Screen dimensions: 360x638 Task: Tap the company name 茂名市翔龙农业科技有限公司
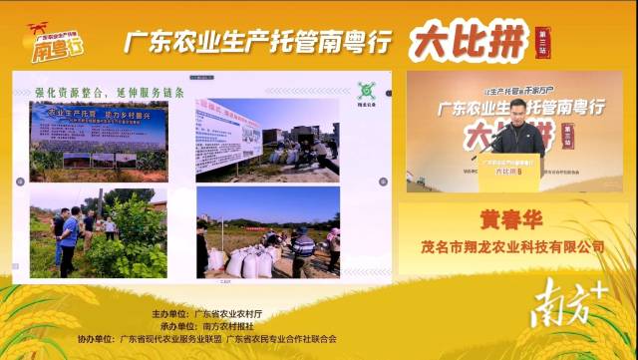[513, 246]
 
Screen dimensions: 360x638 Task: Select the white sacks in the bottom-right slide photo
[248, 263]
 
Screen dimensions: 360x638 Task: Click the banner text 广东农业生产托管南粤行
[257, 42]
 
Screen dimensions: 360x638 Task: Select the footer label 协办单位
[98, 338]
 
